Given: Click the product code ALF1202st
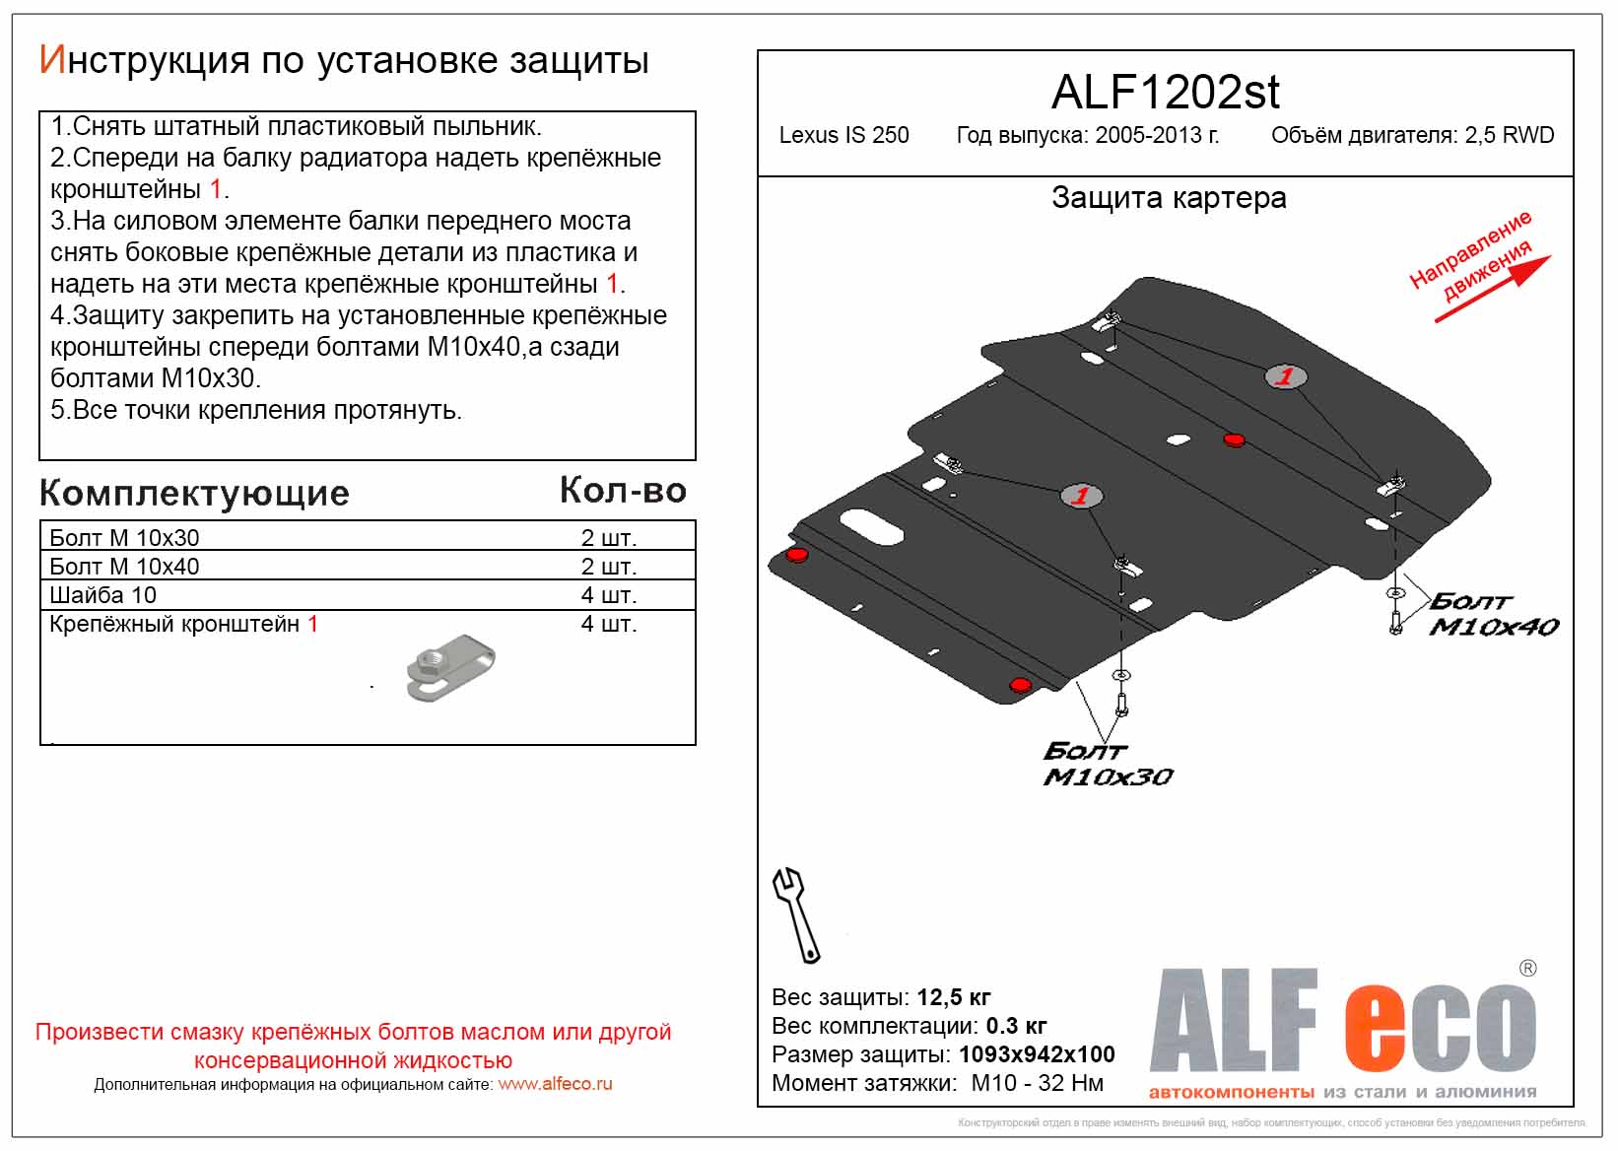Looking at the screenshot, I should pos(1165,93).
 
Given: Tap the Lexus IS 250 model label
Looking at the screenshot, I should pos(843,136).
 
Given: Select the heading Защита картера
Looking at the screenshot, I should pos(1169,198).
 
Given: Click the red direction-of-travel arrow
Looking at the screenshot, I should pos(1492,289).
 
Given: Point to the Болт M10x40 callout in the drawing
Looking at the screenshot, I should pos(1492,614).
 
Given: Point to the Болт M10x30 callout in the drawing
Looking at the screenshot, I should pos(1107,764).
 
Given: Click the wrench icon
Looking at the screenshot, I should pos(795,914).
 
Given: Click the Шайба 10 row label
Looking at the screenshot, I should pos(102,595).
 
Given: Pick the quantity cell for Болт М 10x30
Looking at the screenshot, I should pos(608,538).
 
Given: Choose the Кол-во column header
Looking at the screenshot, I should pos(623,491).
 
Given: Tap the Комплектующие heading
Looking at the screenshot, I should pos(194,493).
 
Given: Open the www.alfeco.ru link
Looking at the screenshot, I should pos(555,1084).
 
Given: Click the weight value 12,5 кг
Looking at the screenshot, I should pos(953,997).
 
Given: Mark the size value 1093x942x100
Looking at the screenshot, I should pos(1037,1054).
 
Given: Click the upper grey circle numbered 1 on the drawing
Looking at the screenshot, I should pos(1285,376).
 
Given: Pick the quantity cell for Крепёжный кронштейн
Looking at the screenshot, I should pos(608,624).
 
